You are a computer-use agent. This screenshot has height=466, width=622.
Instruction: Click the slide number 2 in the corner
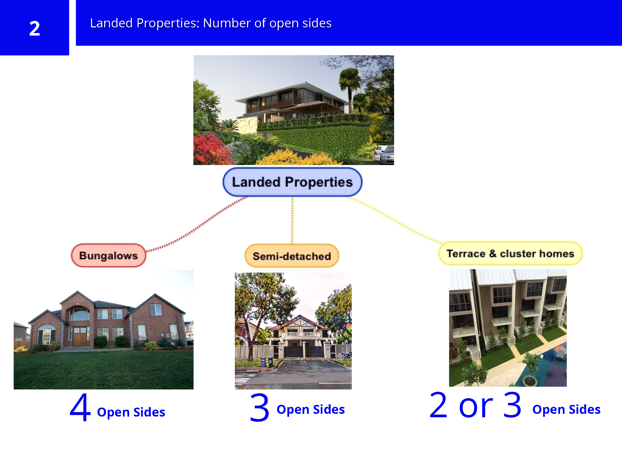tap(35, 28)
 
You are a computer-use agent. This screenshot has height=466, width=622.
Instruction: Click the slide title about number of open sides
tap(211, 23)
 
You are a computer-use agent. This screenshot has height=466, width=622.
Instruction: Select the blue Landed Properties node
tap(292, 182)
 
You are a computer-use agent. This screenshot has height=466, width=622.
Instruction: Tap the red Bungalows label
tap(108, 255)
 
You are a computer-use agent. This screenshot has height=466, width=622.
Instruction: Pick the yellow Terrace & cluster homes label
tap(510, 253)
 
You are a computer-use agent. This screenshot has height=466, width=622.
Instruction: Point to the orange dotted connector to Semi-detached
tap(292, 220)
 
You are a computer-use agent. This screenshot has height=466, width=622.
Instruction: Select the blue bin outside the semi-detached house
tap(263, 362)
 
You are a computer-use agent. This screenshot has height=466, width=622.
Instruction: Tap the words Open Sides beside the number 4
tap(131, 412)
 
